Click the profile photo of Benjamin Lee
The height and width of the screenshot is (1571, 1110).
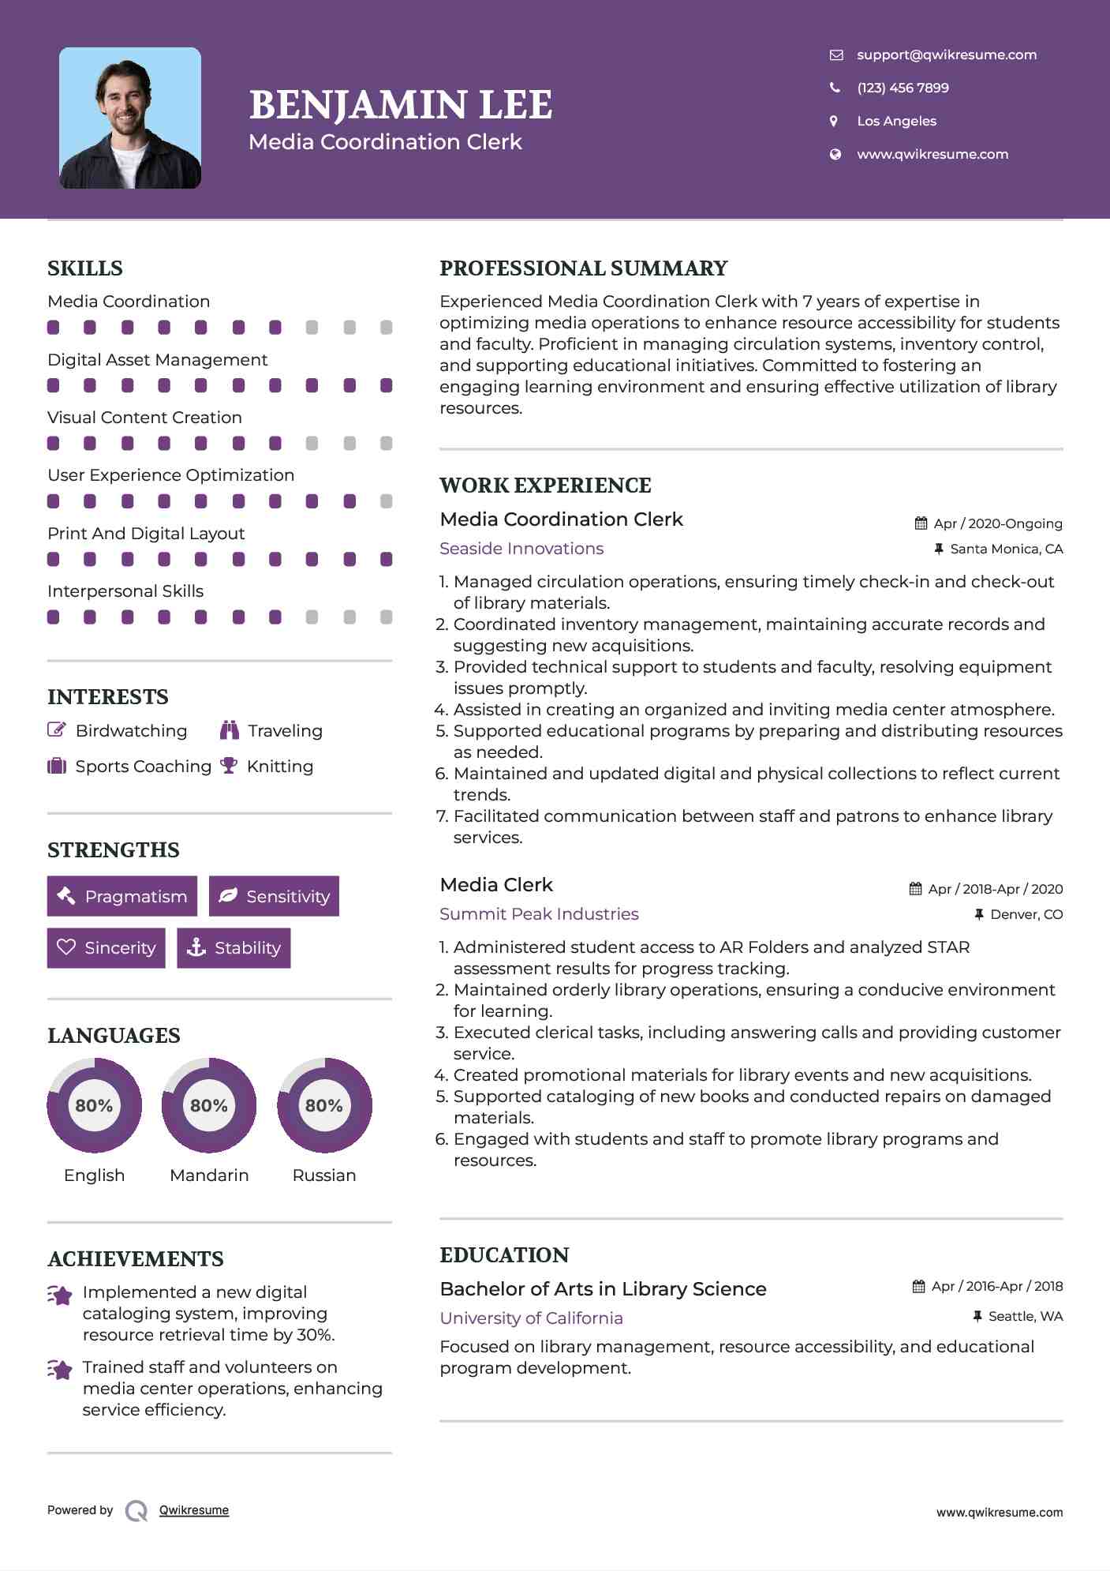point(130,118)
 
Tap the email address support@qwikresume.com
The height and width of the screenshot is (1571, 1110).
point(946,54)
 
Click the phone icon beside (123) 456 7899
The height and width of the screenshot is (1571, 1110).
point(835,88)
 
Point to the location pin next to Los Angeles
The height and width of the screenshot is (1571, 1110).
point(834,121)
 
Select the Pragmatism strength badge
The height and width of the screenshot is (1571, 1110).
point(122,896)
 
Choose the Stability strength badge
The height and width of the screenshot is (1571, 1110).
point(234,947)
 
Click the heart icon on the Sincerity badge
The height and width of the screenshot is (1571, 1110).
point(66,947)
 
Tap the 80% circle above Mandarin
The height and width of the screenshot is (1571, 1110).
point(209,1105)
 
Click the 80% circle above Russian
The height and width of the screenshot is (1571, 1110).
point(324,1105)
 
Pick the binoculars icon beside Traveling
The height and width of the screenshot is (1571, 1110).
point(230,730)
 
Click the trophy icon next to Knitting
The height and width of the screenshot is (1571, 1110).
point(229,766)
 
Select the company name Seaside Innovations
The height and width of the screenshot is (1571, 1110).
point(521,549)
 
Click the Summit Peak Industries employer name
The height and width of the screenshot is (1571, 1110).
point(539,914)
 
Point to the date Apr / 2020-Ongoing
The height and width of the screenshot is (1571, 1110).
point(997,523)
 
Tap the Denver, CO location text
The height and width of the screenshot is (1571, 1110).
point(1026,914)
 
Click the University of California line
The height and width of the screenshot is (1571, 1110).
point(531,1318)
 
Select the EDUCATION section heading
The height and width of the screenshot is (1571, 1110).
point(504,1255)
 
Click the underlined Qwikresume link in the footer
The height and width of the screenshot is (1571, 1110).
point(194,1510)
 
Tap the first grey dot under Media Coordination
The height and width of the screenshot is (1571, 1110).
point(312,327)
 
